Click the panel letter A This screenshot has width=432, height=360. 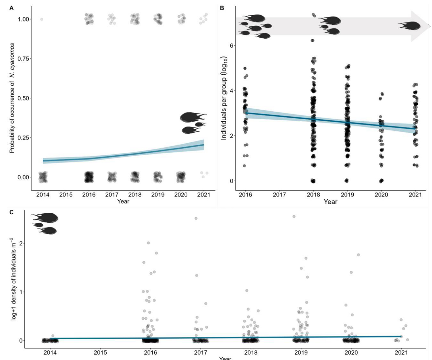(x=12, y=8)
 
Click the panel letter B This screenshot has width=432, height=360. (x=222, y=8)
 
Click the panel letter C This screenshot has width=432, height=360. (x=12, y=212)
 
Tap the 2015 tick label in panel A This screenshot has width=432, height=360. (x=66, y=195)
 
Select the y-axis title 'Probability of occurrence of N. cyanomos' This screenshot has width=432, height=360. (x=12, y=98)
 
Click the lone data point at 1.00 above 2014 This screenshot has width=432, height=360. (x=42, y=19)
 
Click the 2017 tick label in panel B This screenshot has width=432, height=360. (x=279, y=195)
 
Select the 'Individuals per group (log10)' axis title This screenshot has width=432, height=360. (x=224, y=98)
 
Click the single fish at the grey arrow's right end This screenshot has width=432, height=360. (x=410, y=25)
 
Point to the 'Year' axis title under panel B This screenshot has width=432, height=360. (x=330, y=201)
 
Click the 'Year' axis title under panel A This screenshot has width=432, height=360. (x=123, y=201)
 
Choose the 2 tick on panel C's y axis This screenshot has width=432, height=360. (x=22, y=243)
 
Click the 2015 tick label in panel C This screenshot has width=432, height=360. (x=100, y=353)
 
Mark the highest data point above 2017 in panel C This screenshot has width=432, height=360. (x=196, y=218)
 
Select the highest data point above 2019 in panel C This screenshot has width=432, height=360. (x=294, y=217)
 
